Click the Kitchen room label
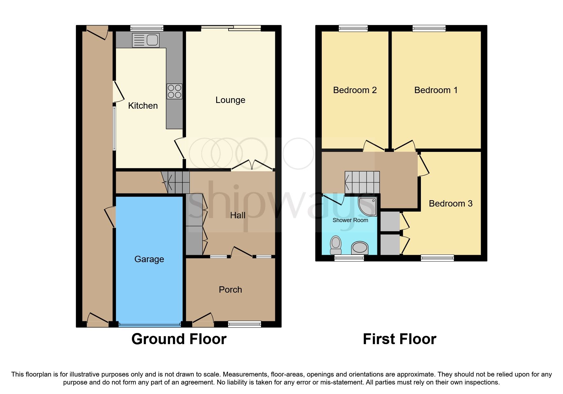pyautogui.click(x=143, y=106)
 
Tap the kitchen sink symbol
pyautogui.click(x=146, y=40)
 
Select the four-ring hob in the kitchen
pyautogui.click(x=175, y=91)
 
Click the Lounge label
pyautogui.click(x=230, y=100)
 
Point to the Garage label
pyautogui.click(x=149, y=259)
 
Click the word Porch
pyautogui.click(x=230, y=290)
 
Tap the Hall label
pyautogui.click(x=237, y=215)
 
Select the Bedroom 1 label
pyautogui.click(x=436, y=90)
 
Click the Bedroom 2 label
pyautogui.click(x=355, y=90)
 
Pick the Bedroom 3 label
pyautogui.click(x=450, y=204)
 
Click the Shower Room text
pyautogui.click(x=350, y=220)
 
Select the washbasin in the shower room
pyautogui.click(x=360, y=248)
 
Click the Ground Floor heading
pyautogui.click(x=179, y=339)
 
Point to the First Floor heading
pyautogui.click(x=400, y=339)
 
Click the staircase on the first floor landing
pyautogui.click(x=362, y=182)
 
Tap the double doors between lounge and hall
pyautogui.click(x=252, y=165)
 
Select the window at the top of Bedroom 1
pyautogui.click(x=429, y=28)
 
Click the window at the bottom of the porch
pyautogui.click(x=244, y=324)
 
